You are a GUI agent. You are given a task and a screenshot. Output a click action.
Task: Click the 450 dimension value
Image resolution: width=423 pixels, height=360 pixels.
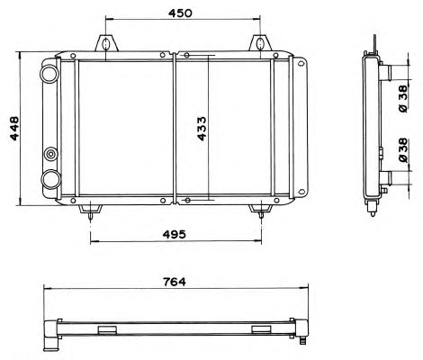[x=180, y=13]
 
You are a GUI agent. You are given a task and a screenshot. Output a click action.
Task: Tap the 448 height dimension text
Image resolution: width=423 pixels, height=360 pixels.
[x=14, y=128]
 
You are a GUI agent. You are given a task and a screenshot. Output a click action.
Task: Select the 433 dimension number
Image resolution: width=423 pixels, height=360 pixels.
[x=202, y=129]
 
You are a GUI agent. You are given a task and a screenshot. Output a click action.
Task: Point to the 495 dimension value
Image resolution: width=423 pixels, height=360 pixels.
[x=174, y=234]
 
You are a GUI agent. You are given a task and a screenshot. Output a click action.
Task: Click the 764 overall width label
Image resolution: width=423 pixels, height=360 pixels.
[x=175, y=282]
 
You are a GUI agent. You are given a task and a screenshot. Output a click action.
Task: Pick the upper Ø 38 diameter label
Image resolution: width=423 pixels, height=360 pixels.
[x=403, y=99]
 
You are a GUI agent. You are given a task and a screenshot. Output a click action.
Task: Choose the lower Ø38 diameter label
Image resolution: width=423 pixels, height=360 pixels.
[x=403, y=150]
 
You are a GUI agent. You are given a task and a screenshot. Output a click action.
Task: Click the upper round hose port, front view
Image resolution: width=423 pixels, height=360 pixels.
[x=49, y=74]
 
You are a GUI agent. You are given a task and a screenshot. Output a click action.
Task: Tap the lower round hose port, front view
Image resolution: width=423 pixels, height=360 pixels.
[x=49, y=179]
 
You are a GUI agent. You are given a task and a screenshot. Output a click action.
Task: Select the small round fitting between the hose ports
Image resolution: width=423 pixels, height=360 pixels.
[x=50, y=155]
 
